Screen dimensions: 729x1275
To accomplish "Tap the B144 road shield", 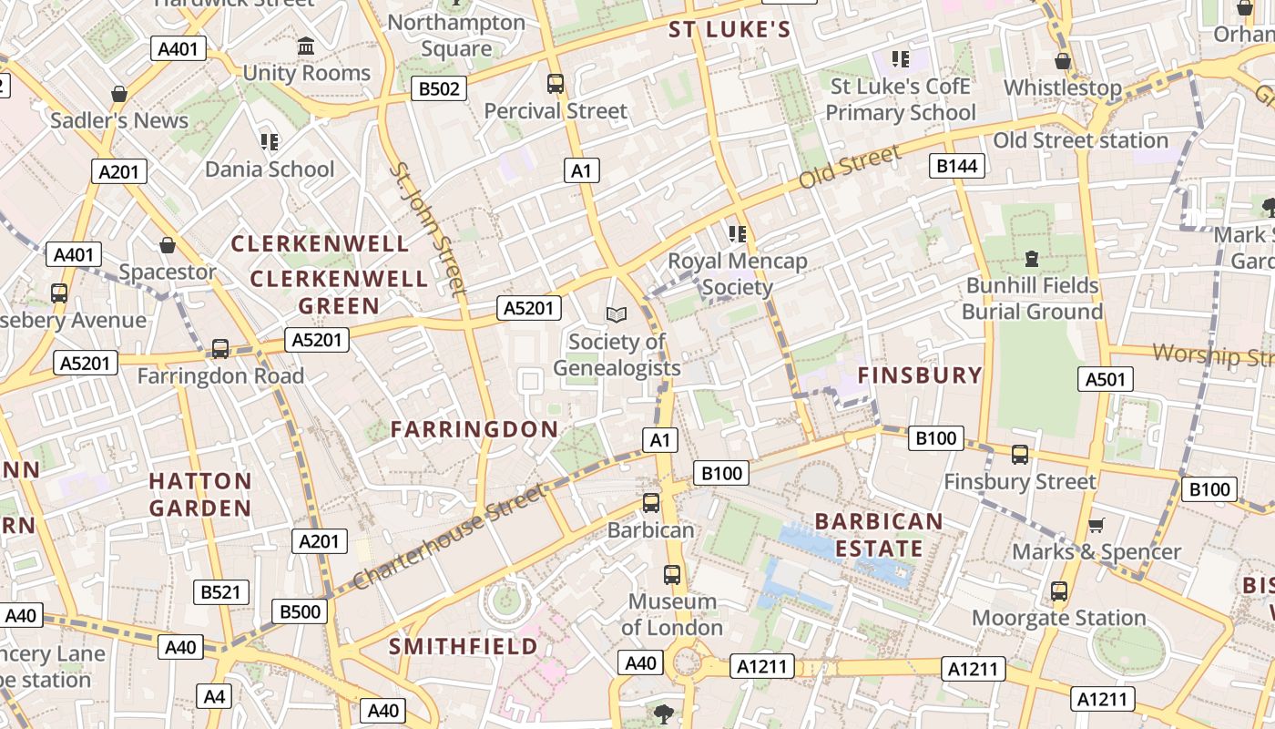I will [x=957, y=165].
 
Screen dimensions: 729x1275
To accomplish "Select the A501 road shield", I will [x=1106, y=379].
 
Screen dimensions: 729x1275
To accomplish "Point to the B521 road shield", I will [x=221, y=592].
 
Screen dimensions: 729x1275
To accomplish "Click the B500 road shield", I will [x=300, y=611].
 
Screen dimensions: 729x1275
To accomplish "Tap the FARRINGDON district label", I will [x=474, y=429].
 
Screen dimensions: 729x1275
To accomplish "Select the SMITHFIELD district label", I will [x=464, y=647].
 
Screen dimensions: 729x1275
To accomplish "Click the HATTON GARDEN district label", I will [x=200, y=494].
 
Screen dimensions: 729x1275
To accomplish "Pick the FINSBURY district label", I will [x=921, y=375].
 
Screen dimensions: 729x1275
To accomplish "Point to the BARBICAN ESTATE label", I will [x=879, y=535].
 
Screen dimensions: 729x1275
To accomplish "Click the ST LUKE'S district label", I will [x=729, y=30].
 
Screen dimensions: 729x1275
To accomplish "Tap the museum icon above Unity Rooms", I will [x=306, y=46].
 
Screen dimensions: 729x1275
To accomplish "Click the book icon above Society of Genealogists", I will [x=617, y=314].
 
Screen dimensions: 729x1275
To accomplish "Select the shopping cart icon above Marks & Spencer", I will [x=1096, y=525].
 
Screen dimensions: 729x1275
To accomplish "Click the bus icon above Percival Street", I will [x=556, y=84].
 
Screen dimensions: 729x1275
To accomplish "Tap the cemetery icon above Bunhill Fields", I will [x=1032, y=259].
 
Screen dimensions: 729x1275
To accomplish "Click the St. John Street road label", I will [x=427, y=229].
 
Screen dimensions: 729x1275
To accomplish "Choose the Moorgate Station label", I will [x=1058, y=618].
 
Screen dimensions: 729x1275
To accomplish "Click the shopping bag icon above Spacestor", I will [x=168, y=245].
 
